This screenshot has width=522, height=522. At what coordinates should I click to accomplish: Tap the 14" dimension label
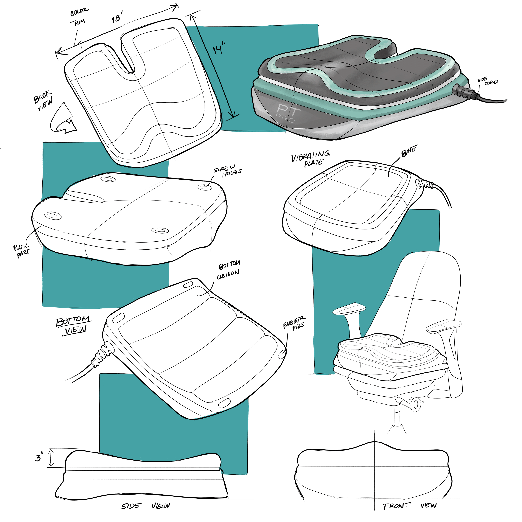point(219,48)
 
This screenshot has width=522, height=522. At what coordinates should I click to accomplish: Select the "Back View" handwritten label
point(43,100)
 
